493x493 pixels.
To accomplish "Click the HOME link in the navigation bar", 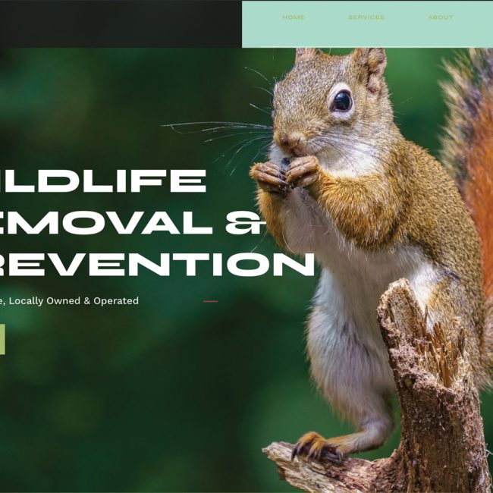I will (294, 17).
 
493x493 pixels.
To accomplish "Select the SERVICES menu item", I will (366, 17).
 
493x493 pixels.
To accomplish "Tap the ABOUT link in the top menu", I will (440, 17).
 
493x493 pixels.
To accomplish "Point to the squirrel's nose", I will (290, 140).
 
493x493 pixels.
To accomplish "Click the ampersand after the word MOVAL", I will (246, 222).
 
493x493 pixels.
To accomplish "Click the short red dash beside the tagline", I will (210, 301).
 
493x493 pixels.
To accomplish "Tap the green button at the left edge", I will (2, 339).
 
